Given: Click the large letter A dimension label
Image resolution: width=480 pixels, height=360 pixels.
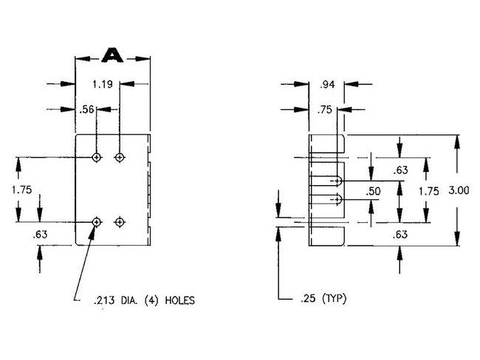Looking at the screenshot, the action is (x=112, y=55).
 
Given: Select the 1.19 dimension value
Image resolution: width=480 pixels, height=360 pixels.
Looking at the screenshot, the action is (x=103, y=84).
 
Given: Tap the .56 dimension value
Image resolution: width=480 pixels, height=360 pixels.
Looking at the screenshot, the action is (x=86, y=109).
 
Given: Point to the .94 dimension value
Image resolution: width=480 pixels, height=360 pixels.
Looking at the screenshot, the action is (x=327, y=85).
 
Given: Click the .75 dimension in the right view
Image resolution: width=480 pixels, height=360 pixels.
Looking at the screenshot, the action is (x=324, y=110).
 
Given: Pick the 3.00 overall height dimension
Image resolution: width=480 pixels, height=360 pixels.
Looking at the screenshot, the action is (x=459, y=190).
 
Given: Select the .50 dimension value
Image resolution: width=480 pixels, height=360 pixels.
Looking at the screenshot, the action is (x=373, y=191).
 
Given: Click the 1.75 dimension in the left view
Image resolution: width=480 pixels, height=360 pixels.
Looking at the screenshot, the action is (x=21, y=190).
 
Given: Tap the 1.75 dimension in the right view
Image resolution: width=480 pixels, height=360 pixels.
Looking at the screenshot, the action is (x=428, y=192).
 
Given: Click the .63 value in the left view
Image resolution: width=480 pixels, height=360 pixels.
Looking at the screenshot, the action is (x=40, y=235).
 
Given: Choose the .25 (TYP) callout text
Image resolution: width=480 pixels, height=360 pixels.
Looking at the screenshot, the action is (x=323, y=298).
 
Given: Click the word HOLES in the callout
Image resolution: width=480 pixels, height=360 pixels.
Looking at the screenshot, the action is (x=180, y=300).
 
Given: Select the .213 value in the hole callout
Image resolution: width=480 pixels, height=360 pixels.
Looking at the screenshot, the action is (x=104, y=301).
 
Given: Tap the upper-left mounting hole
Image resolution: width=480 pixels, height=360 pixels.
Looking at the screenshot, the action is (x=97, y=158).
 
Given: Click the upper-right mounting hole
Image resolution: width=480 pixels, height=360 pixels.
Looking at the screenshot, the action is (x=120, y=158).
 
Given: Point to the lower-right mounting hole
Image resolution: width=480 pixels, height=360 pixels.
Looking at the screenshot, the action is (x=120, y=222).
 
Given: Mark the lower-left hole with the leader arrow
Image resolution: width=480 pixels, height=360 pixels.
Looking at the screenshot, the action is (x=97, y=222).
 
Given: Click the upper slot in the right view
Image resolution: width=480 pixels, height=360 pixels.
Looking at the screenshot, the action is (x=325, y=181).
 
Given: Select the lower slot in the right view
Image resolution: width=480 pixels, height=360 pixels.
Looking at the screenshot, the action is (x=325, y=199).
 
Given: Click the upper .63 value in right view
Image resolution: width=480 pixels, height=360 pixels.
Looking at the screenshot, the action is (x=401, y=170).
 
